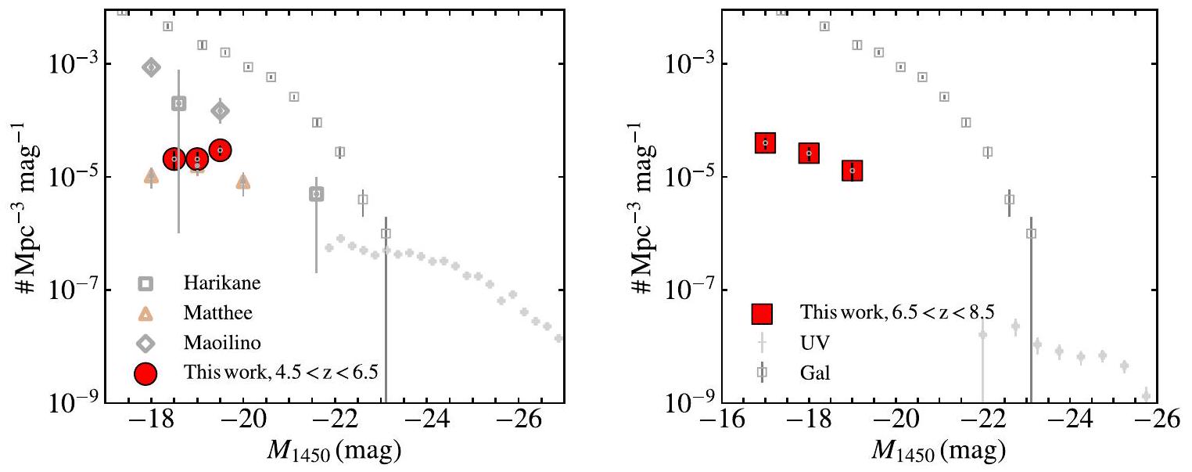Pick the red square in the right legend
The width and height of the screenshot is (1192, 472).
[x=762, y=313]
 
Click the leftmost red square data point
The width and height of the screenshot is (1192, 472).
[x=765, y=142]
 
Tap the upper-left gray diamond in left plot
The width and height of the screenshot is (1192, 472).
[x=151, y=67]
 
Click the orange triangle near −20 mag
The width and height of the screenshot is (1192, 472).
[x=243, y=182]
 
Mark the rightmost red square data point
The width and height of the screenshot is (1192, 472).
[x=853, y=170]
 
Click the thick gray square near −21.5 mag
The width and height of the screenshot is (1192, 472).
[x=317, y=193]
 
